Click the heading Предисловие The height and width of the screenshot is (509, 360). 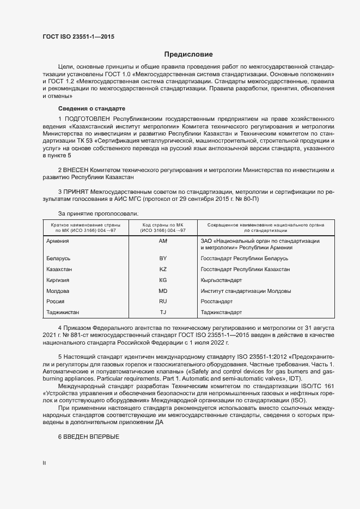pos(189,55)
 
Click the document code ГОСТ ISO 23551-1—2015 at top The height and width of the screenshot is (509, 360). pos(78,36)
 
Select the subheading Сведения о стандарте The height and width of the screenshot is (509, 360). pos(91,108)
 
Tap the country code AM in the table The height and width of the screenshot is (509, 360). pos(163,241)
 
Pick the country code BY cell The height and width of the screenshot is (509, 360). pos(163,258)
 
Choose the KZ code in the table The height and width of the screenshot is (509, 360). pos(163,269)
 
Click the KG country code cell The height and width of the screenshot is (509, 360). pos(163,280)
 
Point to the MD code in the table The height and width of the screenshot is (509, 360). pos(163,291)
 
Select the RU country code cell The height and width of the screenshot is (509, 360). pos(163,301)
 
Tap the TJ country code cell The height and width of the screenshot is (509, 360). pos(163,312)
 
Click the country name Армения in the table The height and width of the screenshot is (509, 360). pos(58,241)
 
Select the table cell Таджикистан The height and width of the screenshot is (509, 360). pos(64,312)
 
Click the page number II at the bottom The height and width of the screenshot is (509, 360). pos(44,463)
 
